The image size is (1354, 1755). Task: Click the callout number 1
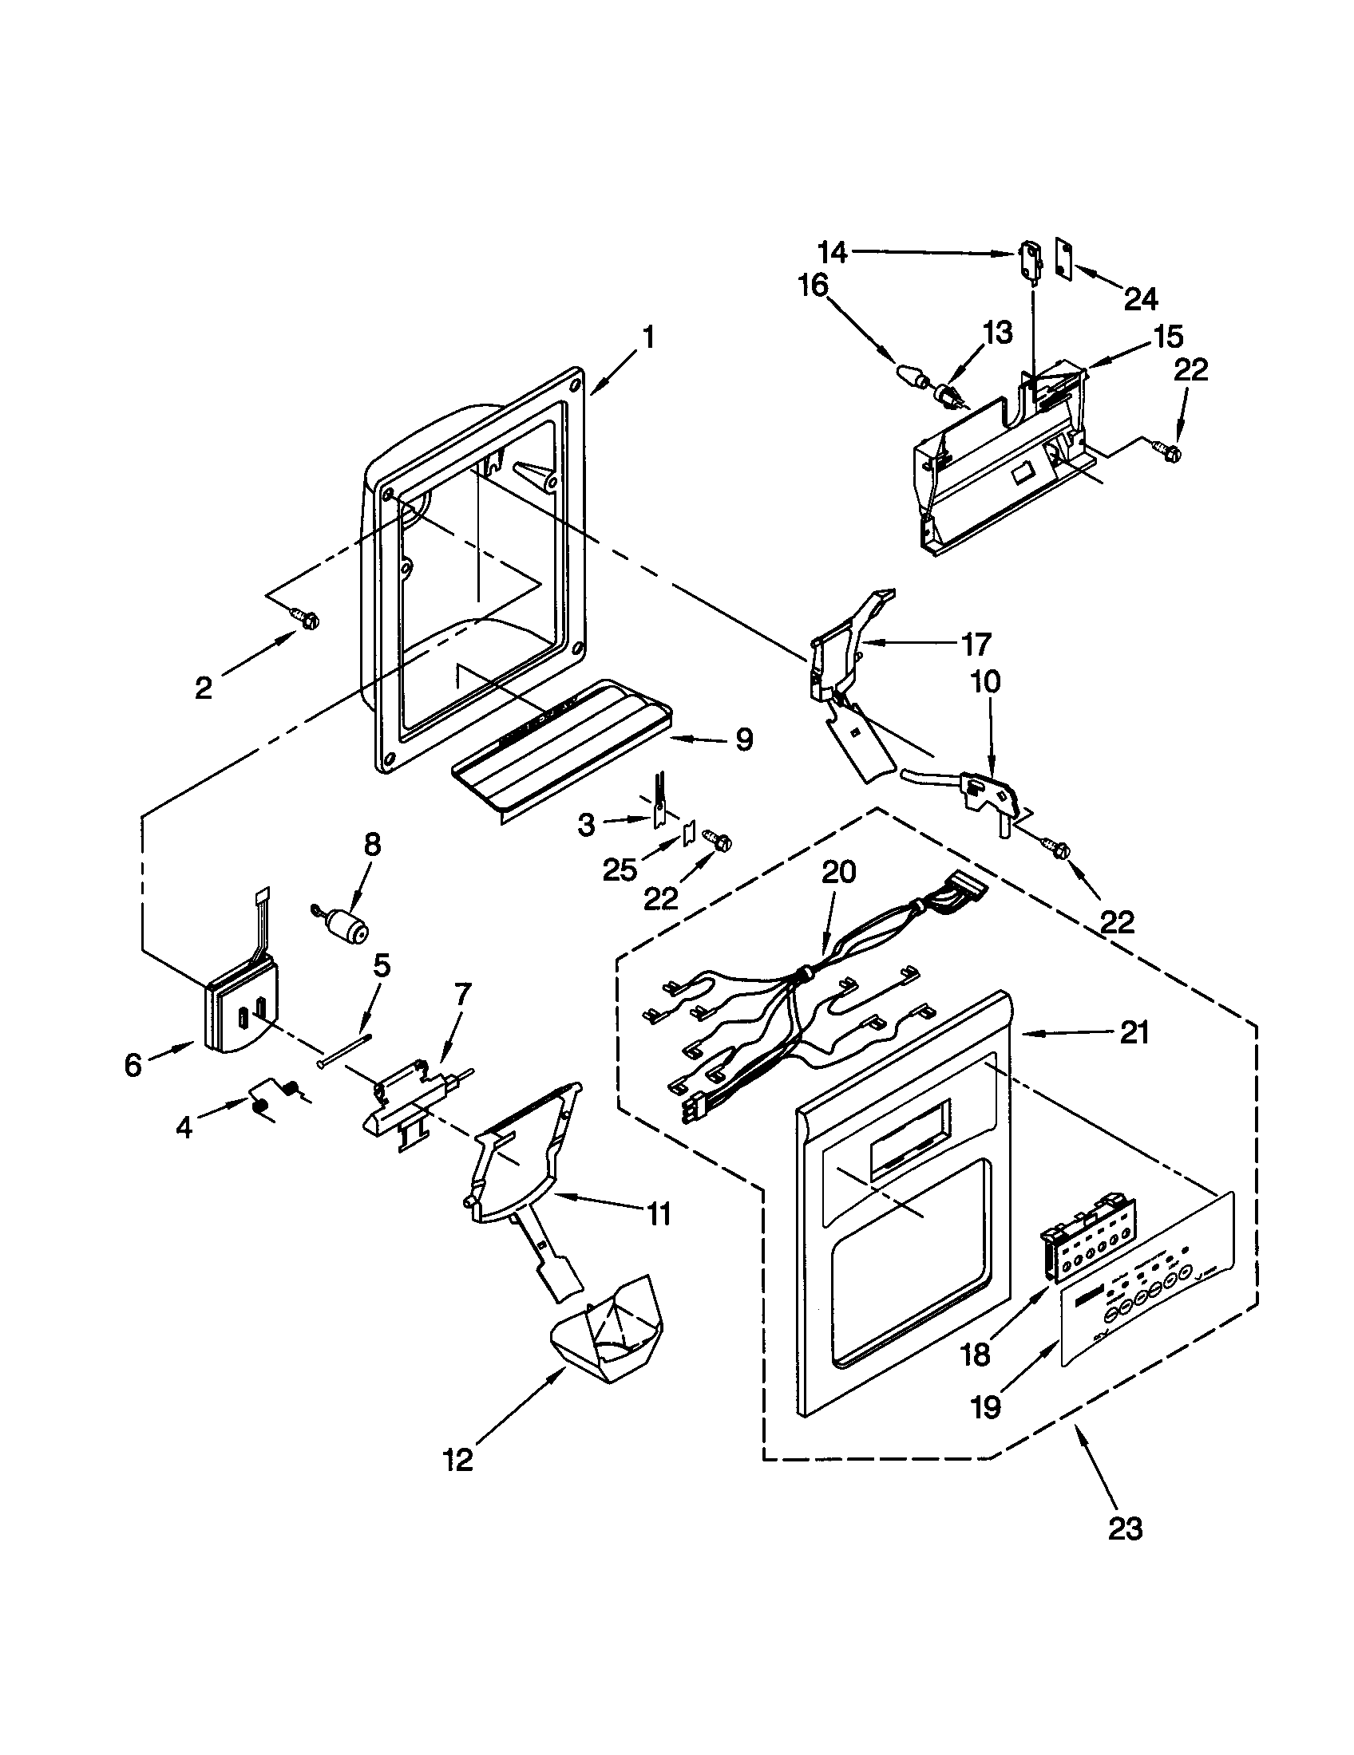click(x=648, y=337)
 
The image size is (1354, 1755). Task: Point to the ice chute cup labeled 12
click(x=608, y=1337)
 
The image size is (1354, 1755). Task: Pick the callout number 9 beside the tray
click(x=744, y=739)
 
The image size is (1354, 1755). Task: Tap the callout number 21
click(x=1134, y=1032)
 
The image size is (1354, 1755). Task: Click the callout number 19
click(x=987, y=1406)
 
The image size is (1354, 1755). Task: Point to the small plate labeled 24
click(x=1064, y=258)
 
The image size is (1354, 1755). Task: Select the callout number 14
click(x=832, y=253)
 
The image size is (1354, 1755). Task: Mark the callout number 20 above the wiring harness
click(x=838, y=873)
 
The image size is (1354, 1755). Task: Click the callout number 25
click(x=620, y=870)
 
